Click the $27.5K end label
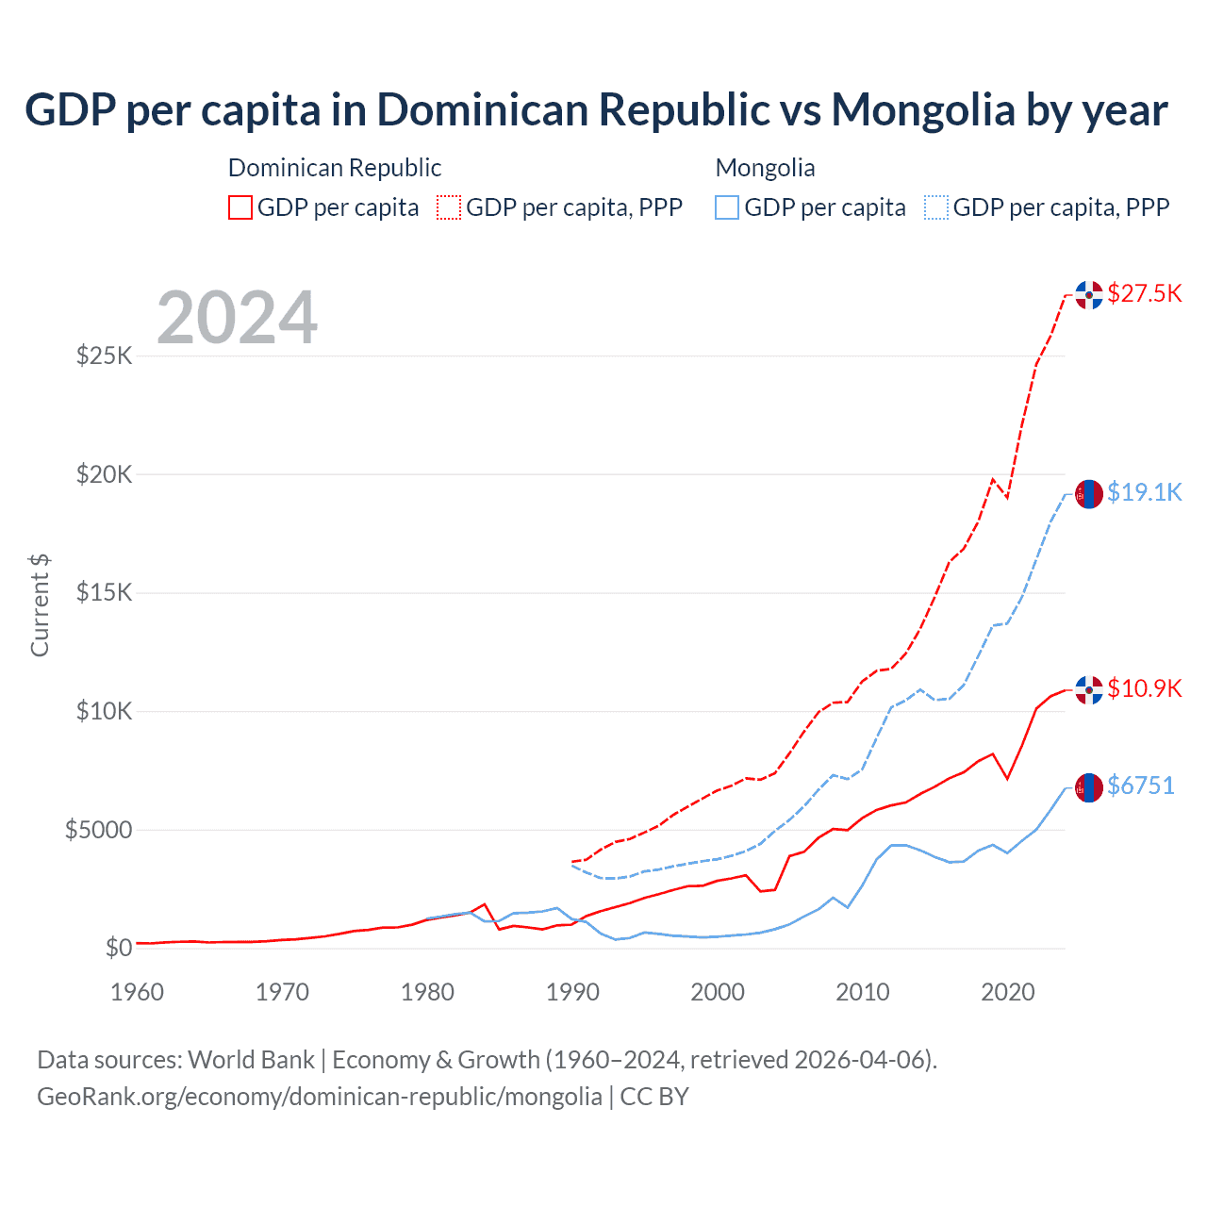[x=1144, y=293]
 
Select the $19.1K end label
[x=1144, y=492]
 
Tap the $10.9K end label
[x=1144, y=688]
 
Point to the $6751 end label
[x=1140, y=785]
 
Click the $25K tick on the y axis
[x=104, y=356]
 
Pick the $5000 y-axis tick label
[x=98, y=830]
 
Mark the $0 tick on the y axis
[x=118, y=948]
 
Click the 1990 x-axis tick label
[x=572, y=992]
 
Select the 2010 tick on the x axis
[x=863, y=992]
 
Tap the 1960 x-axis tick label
[x=138, y=992]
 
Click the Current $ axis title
[x=40, y=605]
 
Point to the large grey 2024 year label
[x=237, y=318]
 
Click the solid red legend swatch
[x=240, y=207]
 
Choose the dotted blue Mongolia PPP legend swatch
[x=936, y=207]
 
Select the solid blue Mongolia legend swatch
[x=727, y=207]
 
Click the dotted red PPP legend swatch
[x=449, y=207]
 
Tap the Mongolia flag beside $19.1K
[x=1089, y=494]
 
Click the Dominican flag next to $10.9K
[x=1089, y=690]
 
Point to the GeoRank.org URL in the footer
[x=320, y=1097]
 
